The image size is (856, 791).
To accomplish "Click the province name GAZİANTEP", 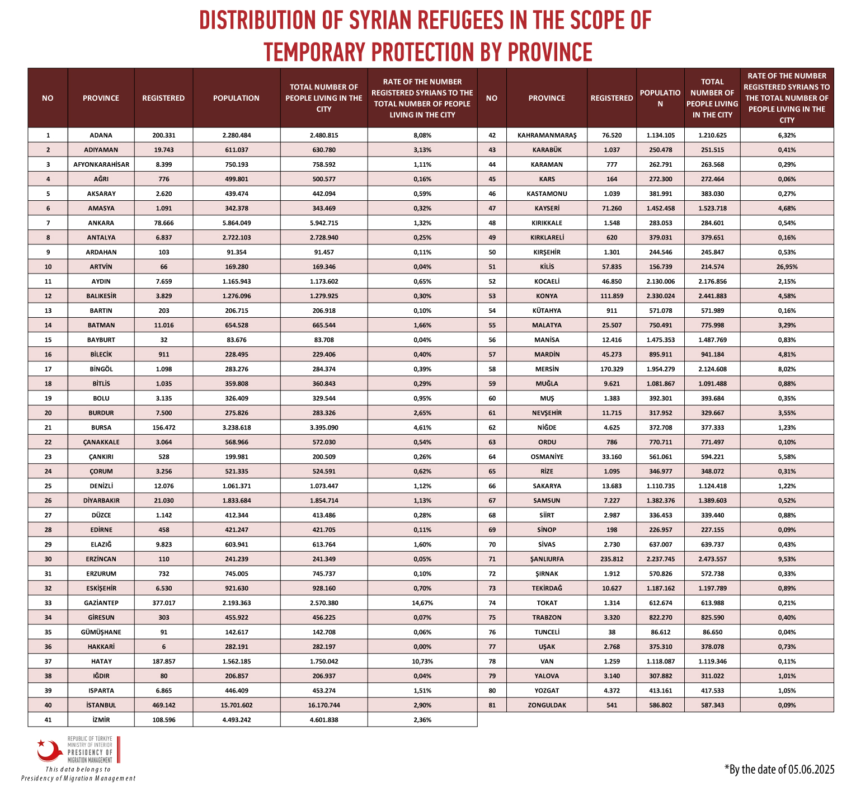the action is point(101,603).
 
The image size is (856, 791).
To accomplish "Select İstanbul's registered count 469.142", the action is point(163,705).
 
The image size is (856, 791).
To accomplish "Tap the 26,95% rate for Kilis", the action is point(787,267).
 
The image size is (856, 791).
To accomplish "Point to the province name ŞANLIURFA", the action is point(547,559).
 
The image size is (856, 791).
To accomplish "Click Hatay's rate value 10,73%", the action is point(422,661).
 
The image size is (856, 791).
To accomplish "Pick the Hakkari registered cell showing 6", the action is point(163,647).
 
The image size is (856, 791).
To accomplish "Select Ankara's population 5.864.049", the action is point(236,223).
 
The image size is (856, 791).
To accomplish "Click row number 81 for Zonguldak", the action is point(492,705).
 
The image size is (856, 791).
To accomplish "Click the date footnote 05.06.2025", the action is point(811,769).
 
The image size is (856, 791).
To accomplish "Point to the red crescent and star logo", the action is point(50,750).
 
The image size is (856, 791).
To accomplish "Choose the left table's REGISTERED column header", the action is point(163,98).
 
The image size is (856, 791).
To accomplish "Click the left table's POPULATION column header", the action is point(236,98).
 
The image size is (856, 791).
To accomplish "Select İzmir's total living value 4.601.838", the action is point(324,719).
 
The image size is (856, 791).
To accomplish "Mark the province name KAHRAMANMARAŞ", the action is point(547,135).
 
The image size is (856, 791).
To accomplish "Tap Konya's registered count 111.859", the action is point(612,296).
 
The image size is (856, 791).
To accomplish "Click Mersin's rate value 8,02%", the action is point(787,369).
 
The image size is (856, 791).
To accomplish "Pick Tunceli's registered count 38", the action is point(612,632).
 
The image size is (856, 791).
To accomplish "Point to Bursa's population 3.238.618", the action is point(236,427).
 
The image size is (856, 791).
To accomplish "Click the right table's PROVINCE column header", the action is point(547,98).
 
